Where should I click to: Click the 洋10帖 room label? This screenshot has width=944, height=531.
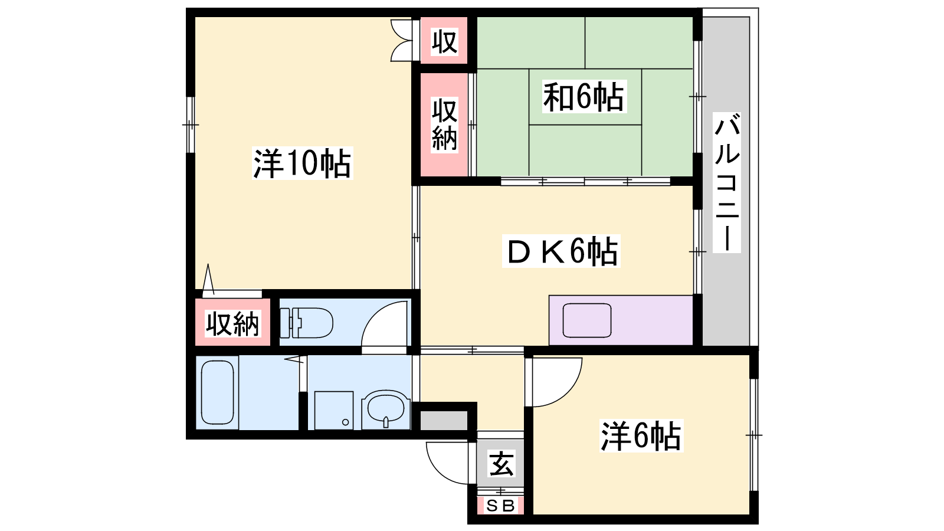click(302, 163)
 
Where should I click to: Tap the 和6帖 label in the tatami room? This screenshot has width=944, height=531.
click(584, 97)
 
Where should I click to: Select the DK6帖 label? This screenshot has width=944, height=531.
click(561, 251)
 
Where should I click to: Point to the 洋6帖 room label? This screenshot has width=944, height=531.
click(641, 436)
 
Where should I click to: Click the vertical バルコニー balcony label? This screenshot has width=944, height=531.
click(726, 182)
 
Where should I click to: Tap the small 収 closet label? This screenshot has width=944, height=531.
click(444, 41)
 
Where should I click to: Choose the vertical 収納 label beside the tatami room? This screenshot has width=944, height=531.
click(444, 124)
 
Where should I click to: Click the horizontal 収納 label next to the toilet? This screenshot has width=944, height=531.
click(232, 324)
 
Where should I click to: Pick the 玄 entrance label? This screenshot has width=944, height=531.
click(501, 463)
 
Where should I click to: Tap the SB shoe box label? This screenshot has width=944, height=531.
click(500, 505)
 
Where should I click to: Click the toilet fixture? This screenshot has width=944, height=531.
click(306, 323)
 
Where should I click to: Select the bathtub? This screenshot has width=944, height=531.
click(218, 392)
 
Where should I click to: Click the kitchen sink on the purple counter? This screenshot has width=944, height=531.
click(586, 320)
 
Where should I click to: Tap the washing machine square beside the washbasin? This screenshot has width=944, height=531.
click(334, 411)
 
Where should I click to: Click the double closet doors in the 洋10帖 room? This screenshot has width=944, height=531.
click(402, 41)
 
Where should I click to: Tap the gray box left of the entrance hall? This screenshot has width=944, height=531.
click(444, 421)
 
